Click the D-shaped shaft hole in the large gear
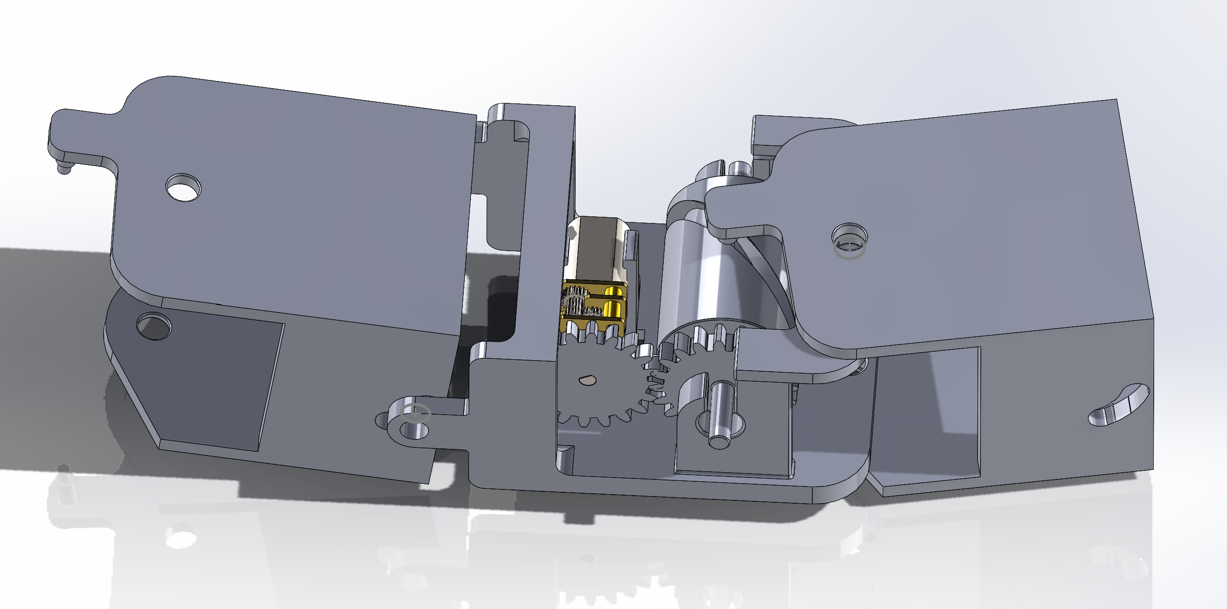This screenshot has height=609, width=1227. [x=588, y=379]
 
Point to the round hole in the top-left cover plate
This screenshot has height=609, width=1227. [x=183, y=187]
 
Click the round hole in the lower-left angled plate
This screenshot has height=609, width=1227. [x=154, y=326]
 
